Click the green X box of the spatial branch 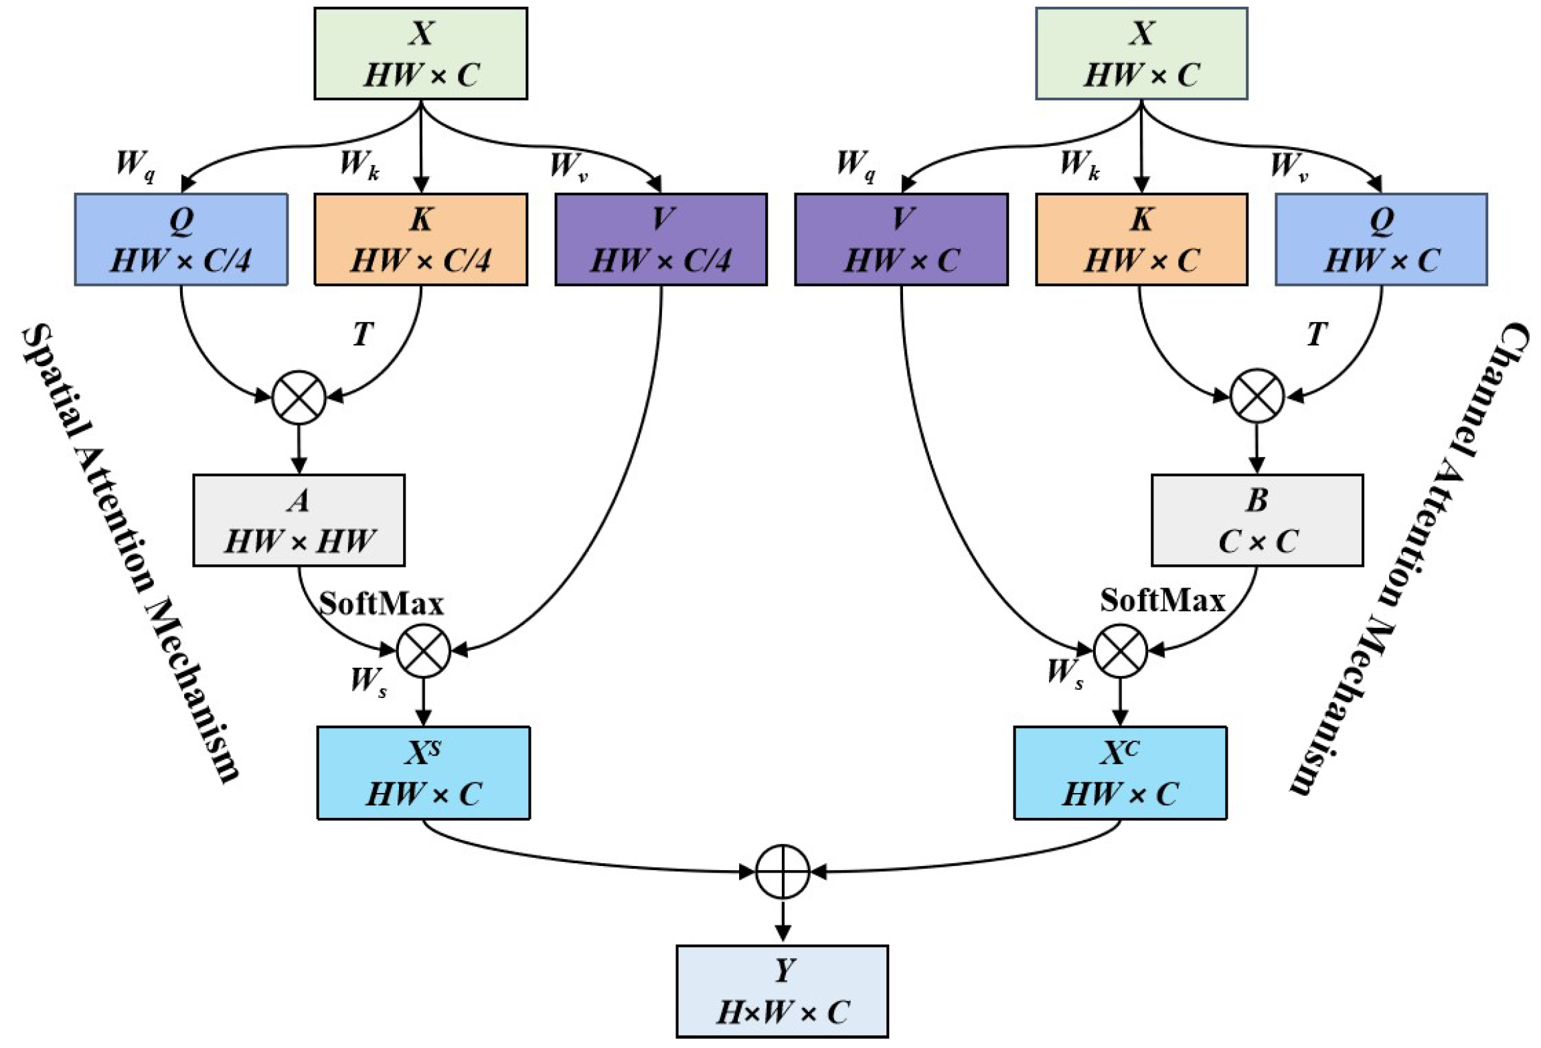(420, 54)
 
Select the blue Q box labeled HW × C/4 (181, 240)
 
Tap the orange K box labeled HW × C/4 (420, 240)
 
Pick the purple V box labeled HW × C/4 (661, 240)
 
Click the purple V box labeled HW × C (901, 240)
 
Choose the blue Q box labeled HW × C (1381, 240)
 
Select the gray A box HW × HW (299, 520)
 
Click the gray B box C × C (1256, 520)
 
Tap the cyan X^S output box (423, 772)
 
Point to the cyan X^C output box (1120, 772)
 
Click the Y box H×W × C (782, 991)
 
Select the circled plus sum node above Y (782, 871)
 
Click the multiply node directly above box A (299, 398)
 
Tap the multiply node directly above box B (1256, 396)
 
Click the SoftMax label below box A (381, 604)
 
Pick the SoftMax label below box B (1162, 600)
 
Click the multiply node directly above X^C (1120, 650)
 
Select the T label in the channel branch (1316, 333)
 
